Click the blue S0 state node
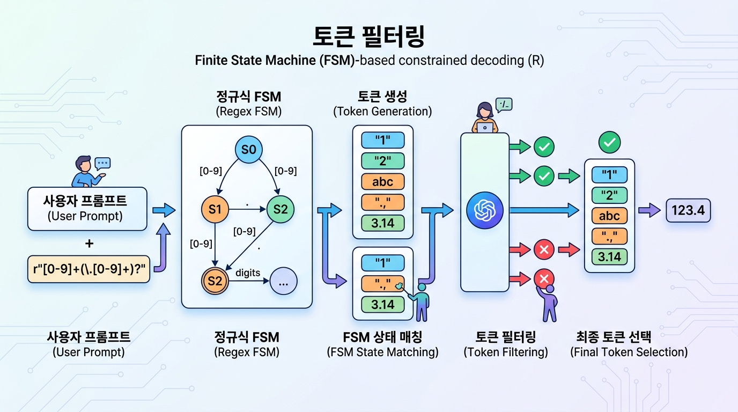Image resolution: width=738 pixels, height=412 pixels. point(248,150)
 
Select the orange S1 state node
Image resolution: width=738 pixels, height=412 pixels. point(215,210)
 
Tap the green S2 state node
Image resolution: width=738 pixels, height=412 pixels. point(281,210)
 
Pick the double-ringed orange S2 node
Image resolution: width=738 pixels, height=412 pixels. point(215,280)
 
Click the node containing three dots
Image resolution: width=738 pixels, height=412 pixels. point(284,281)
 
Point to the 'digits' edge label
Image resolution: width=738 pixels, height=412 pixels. point(248,273)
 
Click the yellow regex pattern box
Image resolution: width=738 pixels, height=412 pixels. point(88,269)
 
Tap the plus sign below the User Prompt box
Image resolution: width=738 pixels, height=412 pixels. point(89,244)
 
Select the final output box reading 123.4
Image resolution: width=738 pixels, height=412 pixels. point(688,210)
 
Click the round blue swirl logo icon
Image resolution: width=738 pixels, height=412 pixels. point(484,211)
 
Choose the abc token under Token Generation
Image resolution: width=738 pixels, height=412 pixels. point(382,182)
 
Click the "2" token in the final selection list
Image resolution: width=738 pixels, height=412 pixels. point(609,195)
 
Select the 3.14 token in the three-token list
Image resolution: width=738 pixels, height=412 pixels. point(382,304)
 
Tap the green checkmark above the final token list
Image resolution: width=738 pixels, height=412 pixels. point(609,143)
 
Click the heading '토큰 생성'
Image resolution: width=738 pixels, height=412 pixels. point(382,97)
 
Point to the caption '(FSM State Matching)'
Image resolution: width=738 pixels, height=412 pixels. point(382,352)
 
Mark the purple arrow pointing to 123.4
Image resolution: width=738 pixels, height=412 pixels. point(651,210)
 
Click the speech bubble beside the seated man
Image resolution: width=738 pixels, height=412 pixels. point(102,163)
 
